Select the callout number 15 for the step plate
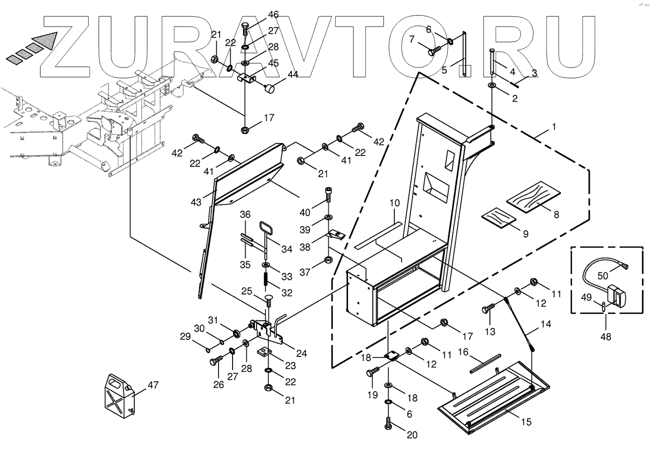pos(526,422)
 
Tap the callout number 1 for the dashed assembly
pos(554,127)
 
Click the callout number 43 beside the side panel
pos(195,202)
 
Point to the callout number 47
pos(153,384)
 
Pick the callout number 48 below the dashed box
pos(606,337)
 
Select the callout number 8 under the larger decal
pos(556,215)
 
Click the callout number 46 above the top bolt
pos(273,15)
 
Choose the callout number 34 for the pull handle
pos(287,249)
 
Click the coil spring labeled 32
pos(266,280)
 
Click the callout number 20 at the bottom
pos(412,435)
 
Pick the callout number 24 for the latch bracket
pos(301,353)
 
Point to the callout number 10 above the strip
pos(394,203)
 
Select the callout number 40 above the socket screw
pos(305,212)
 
